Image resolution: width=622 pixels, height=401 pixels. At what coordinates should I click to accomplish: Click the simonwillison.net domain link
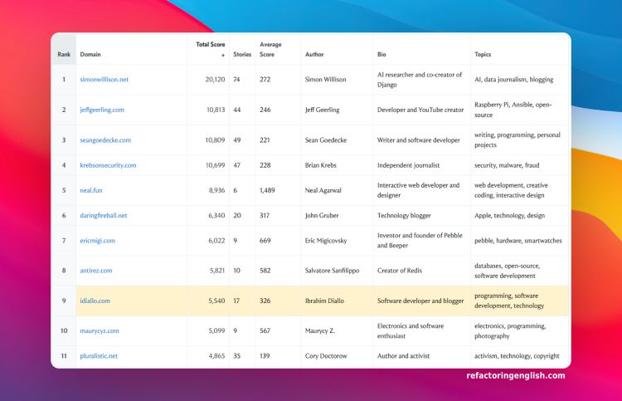tap(104, 80)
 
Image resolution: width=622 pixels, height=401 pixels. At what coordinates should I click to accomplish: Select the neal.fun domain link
tap(92, 190)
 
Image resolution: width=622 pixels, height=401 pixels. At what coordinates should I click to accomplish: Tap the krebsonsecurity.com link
tap(108, 165)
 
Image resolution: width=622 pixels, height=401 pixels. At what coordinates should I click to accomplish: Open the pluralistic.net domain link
tap(99, 355)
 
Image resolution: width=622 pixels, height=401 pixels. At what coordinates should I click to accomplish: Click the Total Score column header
tap(210, 48)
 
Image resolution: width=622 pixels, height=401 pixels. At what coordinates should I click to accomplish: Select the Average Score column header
tap(270, 48)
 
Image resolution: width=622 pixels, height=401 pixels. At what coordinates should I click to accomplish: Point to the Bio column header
tap(381, 55)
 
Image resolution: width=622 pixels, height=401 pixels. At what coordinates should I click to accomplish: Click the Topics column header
tap(483, 55)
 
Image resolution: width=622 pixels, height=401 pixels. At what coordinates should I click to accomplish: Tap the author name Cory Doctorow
tap(327, 355)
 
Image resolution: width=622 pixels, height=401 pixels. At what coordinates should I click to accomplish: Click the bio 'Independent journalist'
tap(408, 165)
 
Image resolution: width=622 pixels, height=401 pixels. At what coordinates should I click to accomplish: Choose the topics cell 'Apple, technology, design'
tap(509, 215)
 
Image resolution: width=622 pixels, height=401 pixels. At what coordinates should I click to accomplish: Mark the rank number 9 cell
tap(63, 301)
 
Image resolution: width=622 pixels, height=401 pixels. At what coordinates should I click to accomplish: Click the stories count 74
tap(237, 80)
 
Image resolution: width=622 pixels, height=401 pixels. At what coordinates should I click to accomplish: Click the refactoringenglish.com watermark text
tap(516, 375)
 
